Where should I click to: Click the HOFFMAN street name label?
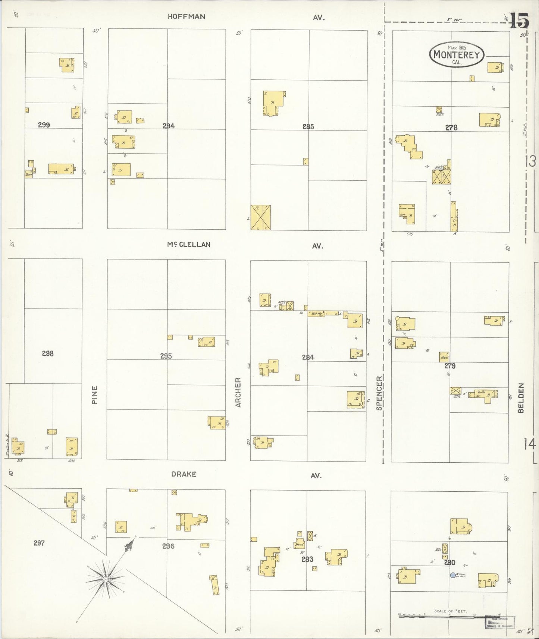click(x=186, y=16)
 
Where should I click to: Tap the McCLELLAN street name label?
click(x=188, y=245)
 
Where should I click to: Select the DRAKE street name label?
click(x=184, y=474)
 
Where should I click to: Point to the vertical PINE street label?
click(x=94, y=395)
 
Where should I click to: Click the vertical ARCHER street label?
click(x=238, y=392)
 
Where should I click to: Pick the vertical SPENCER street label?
click(x=379, y=393)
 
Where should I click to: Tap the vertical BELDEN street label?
click(x=521, y=398)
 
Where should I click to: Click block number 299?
click(x=44, y=125)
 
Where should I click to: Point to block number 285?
click(x=308, y=127)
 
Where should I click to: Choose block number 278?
click(x=451, y=128)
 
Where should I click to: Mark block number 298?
click(x=48, y=353)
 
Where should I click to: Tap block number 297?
click(x=39, y=543)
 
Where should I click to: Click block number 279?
click(x=450, y=366)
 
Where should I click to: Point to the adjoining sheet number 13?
click(x=530, y=161)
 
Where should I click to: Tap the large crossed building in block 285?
click(x=260, y=217)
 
